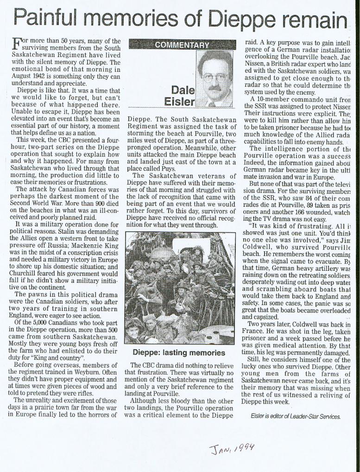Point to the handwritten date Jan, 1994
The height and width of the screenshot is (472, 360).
(230, 449)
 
